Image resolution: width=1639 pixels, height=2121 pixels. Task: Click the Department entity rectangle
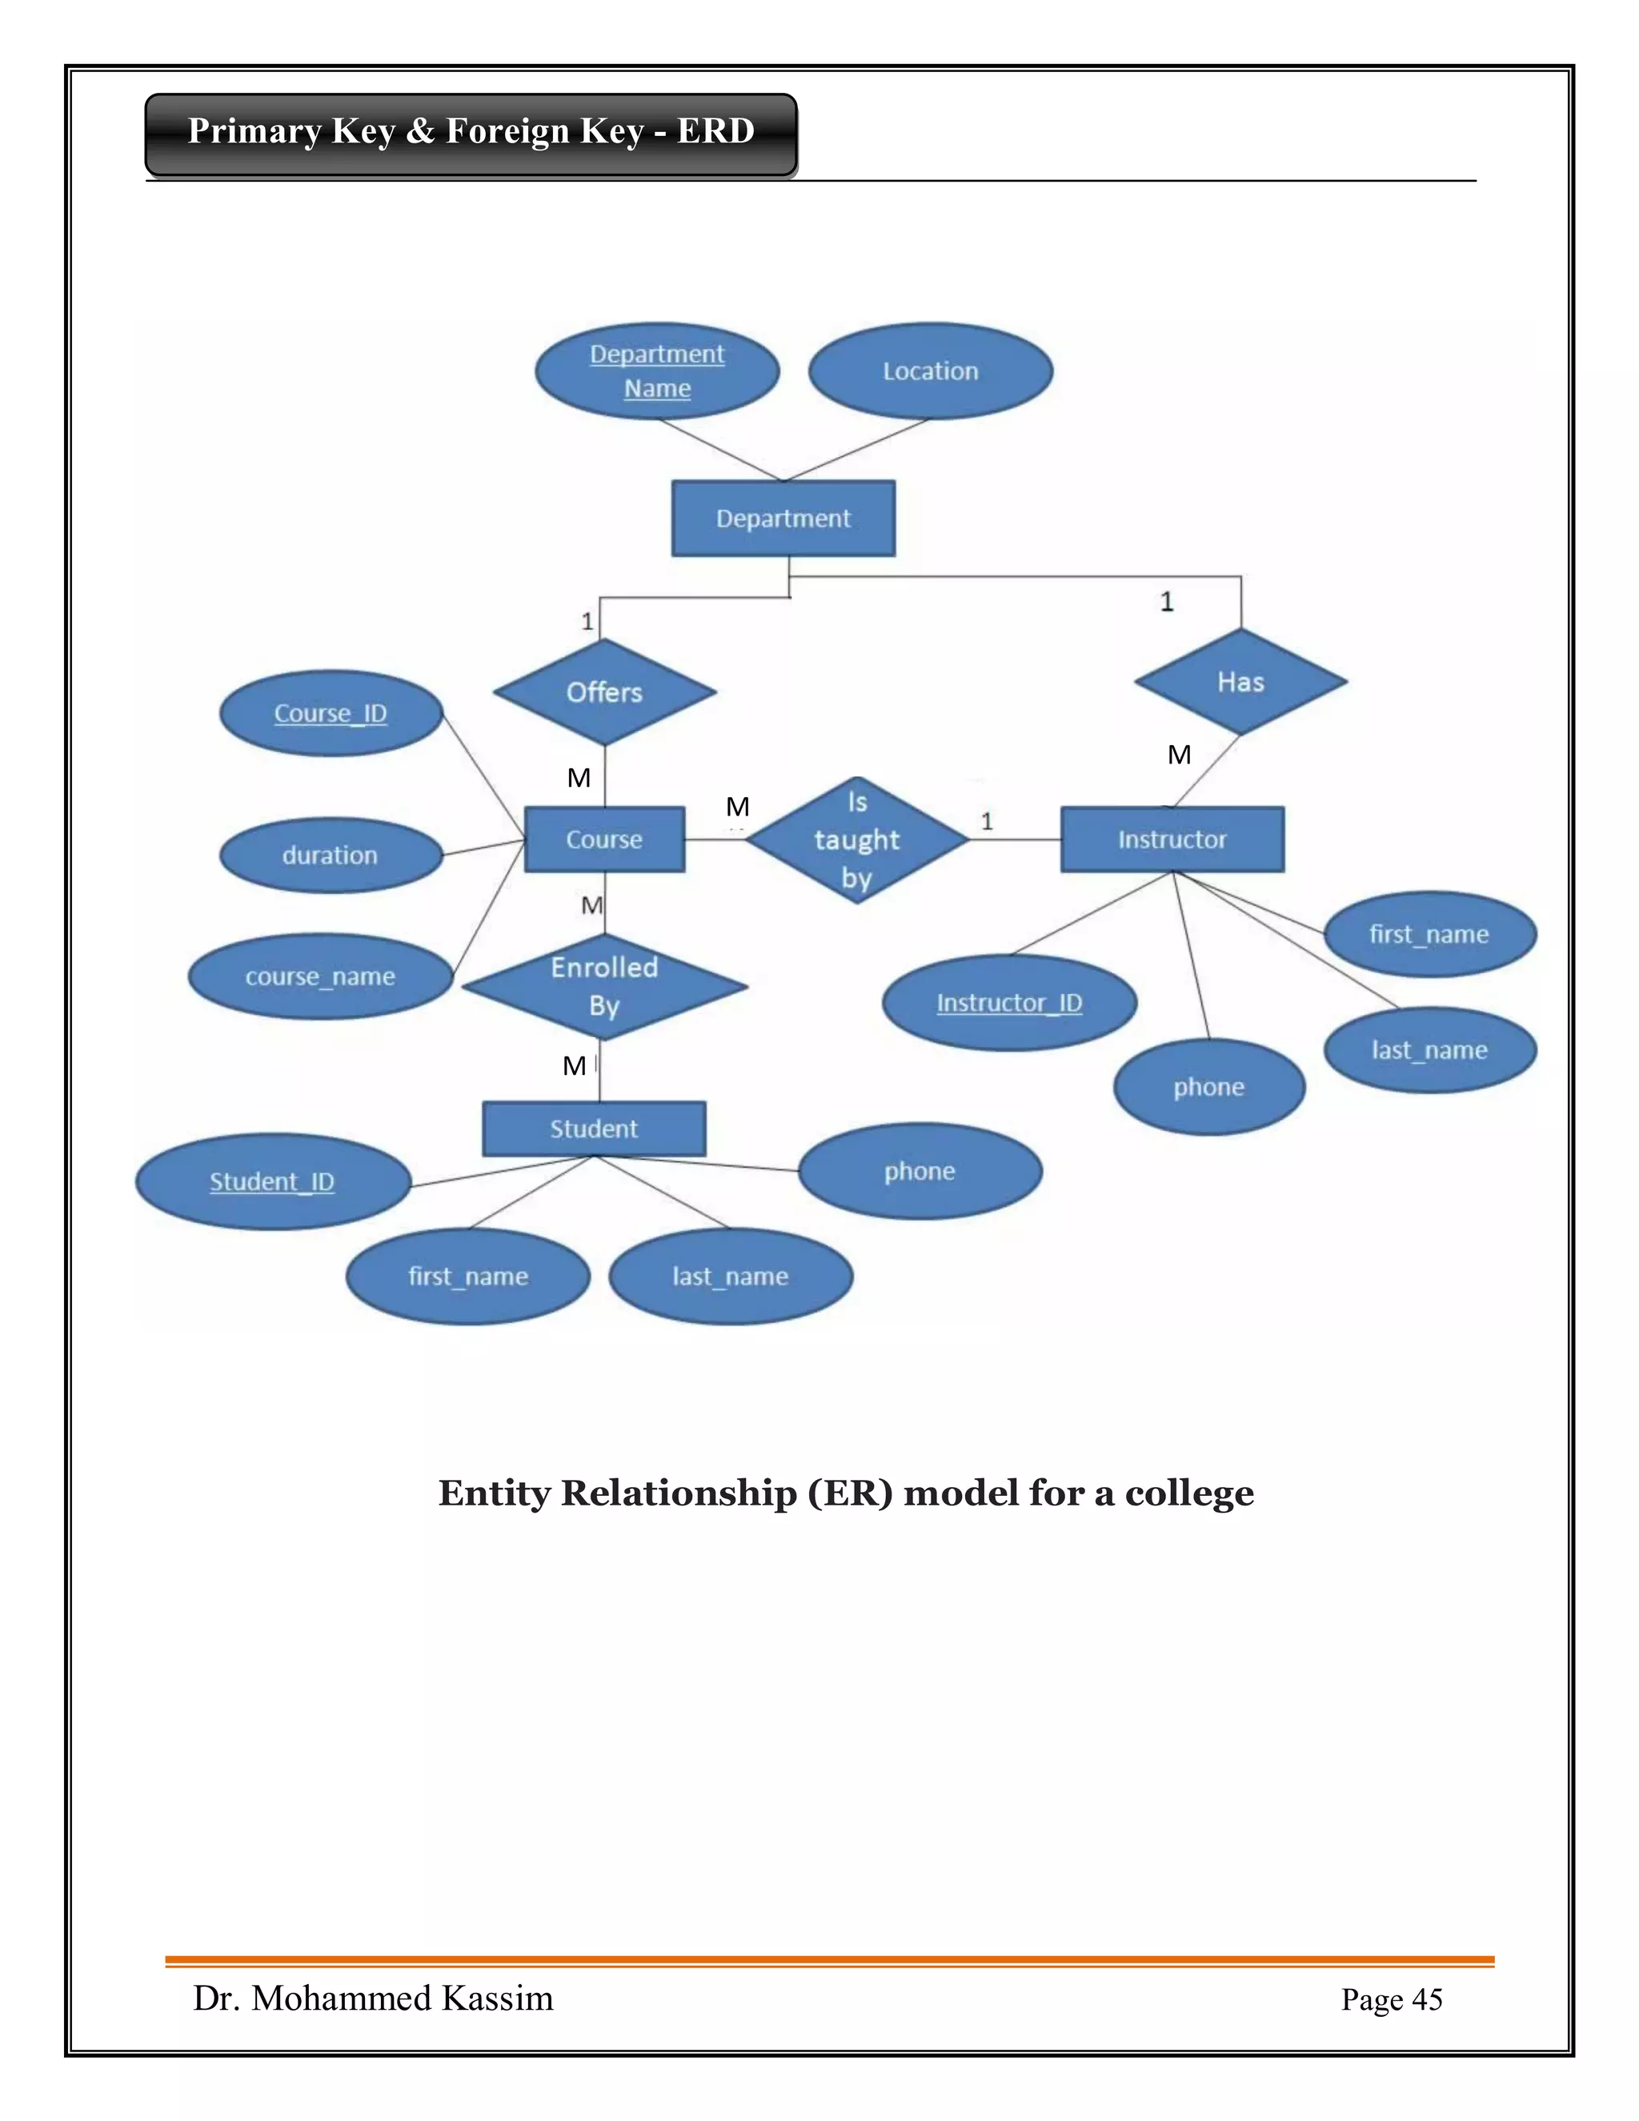[783, 519]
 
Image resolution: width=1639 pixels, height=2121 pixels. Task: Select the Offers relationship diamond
[604, 692]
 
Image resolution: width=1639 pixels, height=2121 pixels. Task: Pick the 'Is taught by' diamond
[856, 840]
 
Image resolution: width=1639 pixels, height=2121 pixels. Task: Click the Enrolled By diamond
[604, 987]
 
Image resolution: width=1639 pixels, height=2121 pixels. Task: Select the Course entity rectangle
[604, 839]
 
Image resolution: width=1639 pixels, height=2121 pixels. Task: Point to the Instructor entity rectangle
[1171, 839]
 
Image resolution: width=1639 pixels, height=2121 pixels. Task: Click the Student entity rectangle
[593, 1129]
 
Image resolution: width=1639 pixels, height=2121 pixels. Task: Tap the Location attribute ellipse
[930, 371]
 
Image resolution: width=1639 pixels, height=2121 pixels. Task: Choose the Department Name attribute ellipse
[657, 371]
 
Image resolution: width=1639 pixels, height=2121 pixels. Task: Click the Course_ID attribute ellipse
[331, 714]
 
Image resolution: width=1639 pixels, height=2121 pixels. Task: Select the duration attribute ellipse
[331, 856]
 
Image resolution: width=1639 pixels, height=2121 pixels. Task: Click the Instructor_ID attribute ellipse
[1009, 1003]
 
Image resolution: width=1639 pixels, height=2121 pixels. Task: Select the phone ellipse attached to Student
[920, 1171]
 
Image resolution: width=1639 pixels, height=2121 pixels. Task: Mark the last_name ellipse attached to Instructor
[1429, 1051]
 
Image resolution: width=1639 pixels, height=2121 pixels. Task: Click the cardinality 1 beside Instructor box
[987, 822]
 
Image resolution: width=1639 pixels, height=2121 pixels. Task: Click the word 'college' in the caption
[1188, 1494]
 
